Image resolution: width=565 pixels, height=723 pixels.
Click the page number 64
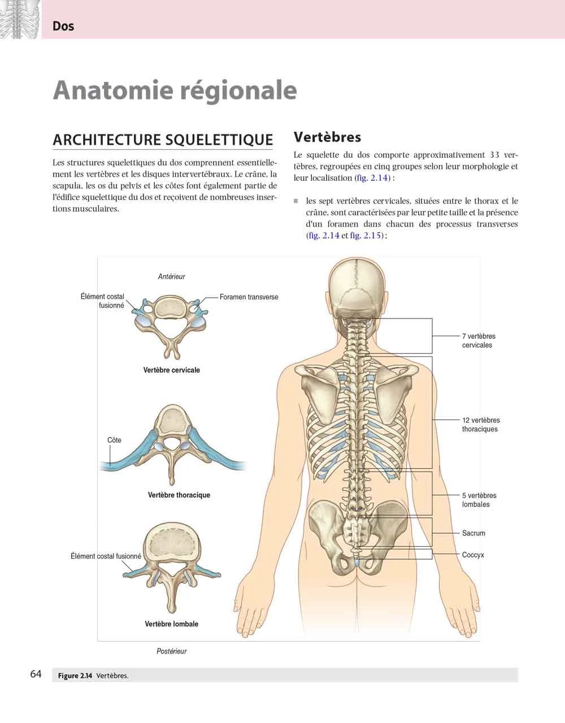(36, 674)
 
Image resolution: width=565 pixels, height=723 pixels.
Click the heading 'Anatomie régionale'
(175, 91)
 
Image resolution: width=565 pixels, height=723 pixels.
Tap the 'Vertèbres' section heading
(327, 137)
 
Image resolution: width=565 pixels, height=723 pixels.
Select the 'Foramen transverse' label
(249, 297)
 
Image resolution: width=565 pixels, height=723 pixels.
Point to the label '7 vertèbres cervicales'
(479, 341)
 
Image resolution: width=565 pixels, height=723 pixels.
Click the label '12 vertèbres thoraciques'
(481, 424)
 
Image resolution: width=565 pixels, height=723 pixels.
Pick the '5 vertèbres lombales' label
(479, 500)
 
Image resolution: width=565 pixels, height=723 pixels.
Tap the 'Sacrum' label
(473, 533)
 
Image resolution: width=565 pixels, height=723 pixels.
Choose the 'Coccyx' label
(473, 555)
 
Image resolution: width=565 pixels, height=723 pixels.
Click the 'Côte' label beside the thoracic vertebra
(114, 440)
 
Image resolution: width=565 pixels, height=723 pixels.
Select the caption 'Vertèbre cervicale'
(172, 370)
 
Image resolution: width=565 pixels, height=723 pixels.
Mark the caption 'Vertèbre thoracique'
(179, 495)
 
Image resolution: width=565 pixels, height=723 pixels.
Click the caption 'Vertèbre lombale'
(172, 624)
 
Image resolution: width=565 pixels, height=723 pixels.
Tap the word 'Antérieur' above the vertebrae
(172, 276)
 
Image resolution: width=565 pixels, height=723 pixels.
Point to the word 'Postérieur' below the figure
(172, 651)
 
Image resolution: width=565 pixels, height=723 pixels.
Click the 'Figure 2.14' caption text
(75, 676)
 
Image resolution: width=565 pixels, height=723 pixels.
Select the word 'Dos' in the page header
(63, 26)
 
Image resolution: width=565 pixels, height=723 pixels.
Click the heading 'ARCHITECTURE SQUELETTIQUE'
(163, 140)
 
